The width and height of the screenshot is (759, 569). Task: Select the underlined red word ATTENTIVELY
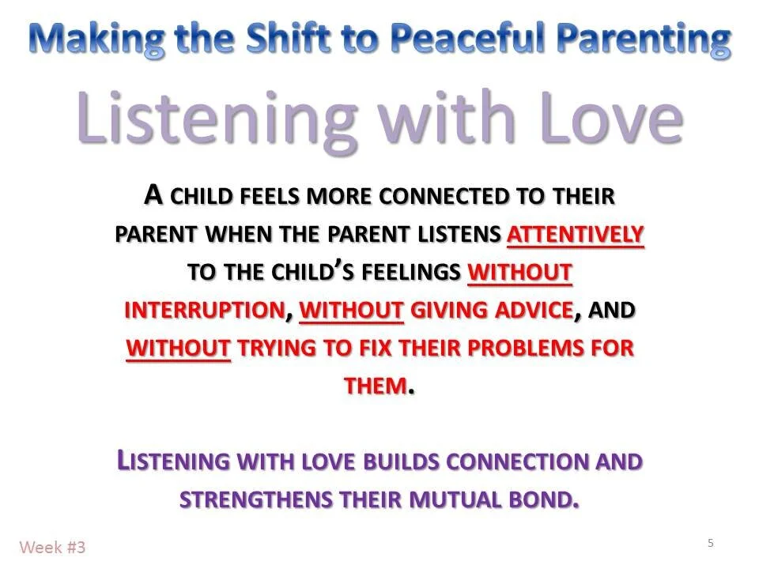575,236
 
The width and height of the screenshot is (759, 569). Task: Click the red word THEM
376,386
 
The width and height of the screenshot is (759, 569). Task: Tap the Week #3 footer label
52,547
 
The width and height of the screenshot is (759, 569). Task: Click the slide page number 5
710,543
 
